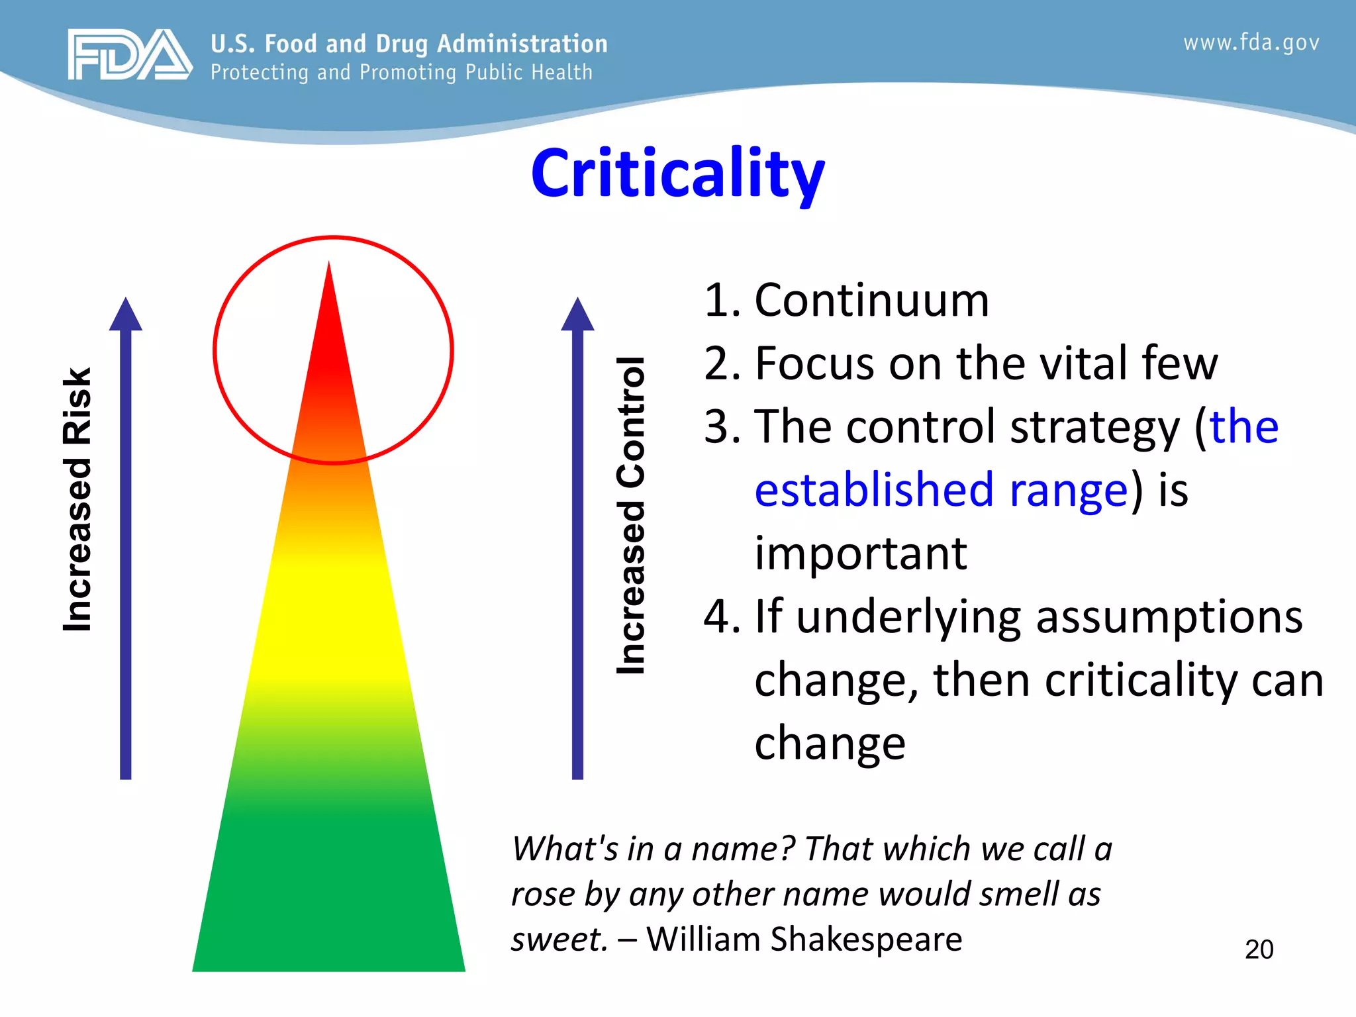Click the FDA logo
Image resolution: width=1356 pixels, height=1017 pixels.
(x=130, y=54)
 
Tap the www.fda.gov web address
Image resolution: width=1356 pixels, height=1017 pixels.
(x=1251, y=43)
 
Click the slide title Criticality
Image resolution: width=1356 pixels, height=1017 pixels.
(x=677, y=173)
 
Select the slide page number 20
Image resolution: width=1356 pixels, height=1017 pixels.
(x=1259, y=949)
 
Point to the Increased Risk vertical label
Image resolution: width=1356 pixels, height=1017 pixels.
(x=77, y=500)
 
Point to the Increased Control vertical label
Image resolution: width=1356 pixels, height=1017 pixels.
(x=630, y=516)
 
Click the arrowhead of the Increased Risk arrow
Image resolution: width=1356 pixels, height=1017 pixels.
(x=126, y=315)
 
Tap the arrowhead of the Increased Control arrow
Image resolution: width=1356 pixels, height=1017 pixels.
(x=577, y=315)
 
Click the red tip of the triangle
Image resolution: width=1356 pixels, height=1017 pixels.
(x=329, y=331)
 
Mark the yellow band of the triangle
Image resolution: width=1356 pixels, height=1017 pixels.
(x=329, y=616)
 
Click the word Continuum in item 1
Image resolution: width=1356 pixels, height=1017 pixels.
(x=871, y=301)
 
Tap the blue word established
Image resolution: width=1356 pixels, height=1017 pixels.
(x=874, y=490)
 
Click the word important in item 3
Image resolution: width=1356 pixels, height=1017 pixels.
(x=861, y=554)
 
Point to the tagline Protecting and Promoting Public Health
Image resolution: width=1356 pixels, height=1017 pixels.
(x=401, y=72)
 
